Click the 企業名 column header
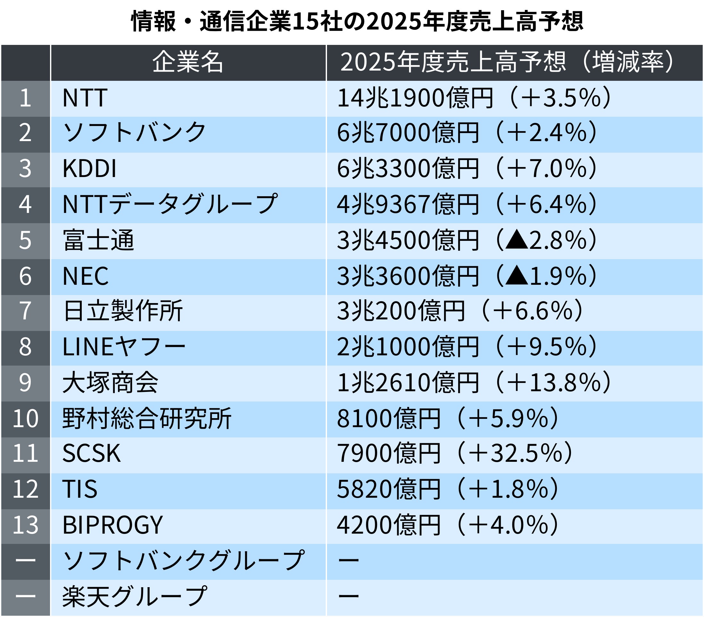pos(188,62)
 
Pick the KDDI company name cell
pos(89,169)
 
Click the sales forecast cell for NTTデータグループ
pos(466,205)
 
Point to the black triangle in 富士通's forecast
pos(517,240)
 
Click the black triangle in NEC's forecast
pos(517,275)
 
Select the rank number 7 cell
pos(25,311)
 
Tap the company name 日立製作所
pos(122,311)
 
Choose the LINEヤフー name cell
pos(124,347)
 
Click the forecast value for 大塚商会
pos(474,383)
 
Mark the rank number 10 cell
pos(25,419)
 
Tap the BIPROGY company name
pos(112,525)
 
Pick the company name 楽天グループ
pos(134,597)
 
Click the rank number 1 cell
pos(25,98)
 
